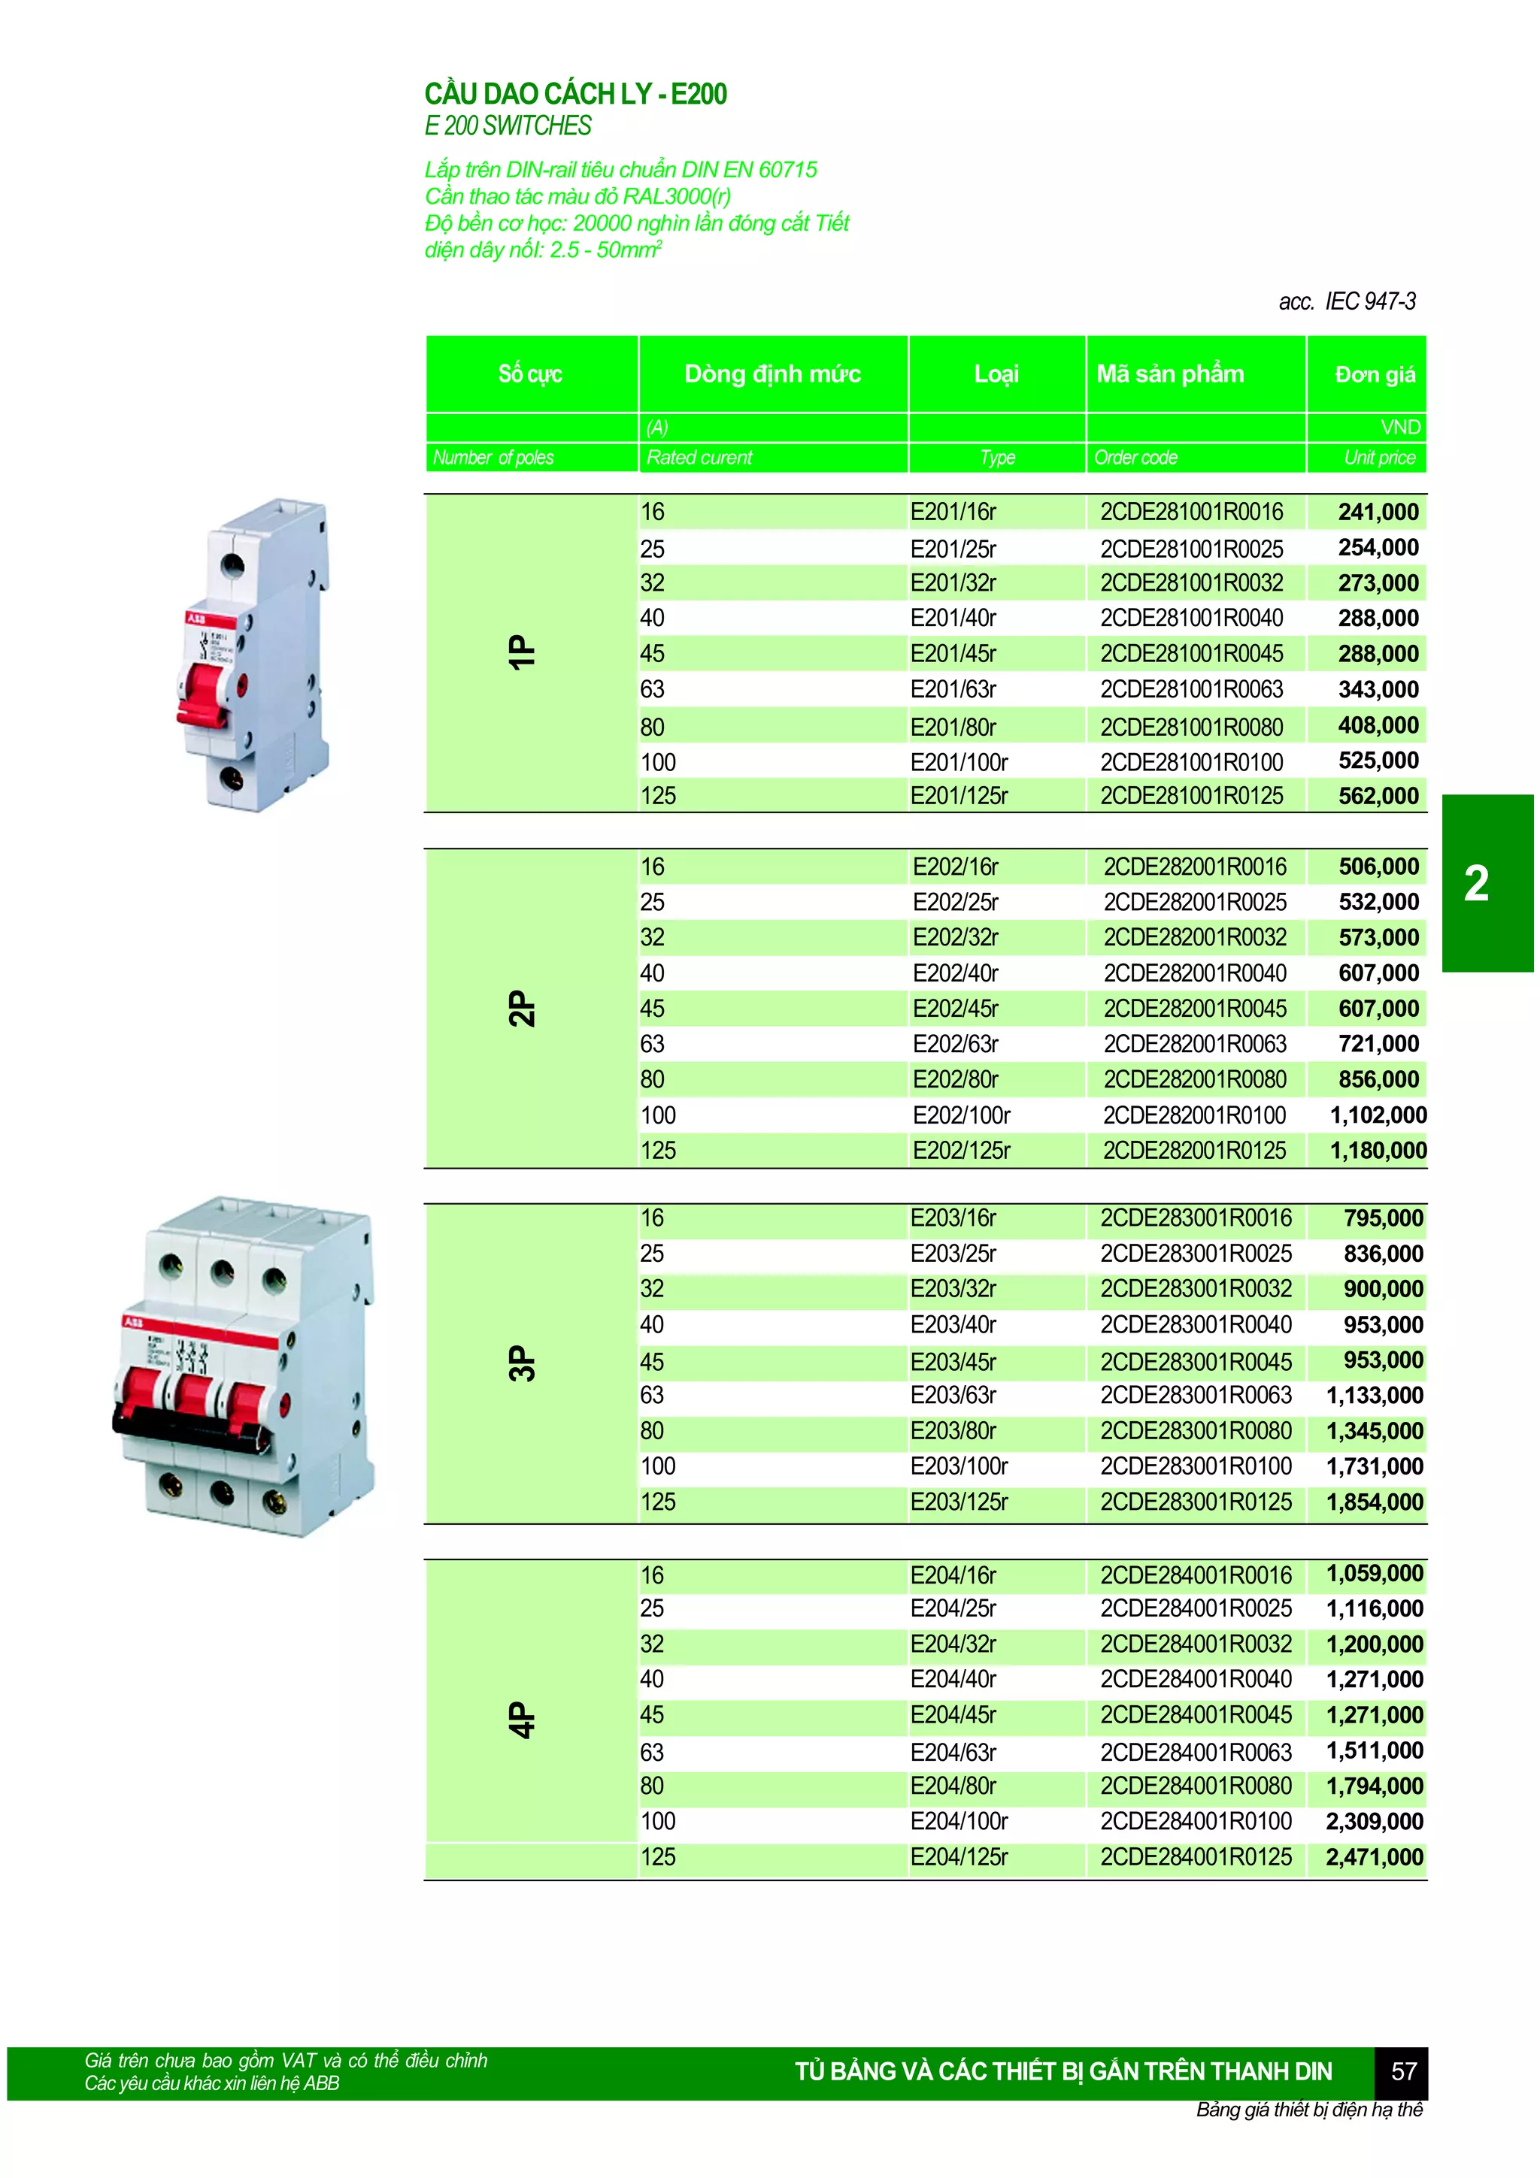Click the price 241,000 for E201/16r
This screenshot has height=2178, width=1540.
pos(1378,513)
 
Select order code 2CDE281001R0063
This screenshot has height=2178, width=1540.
pos(1191,690)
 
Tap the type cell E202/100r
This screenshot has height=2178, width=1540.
pos(961,1115)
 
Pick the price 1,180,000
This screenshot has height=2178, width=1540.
pos(1378,1151)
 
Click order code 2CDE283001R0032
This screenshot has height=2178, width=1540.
pos(1196,1289)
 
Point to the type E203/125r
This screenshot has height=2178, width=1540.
pos(958,1502)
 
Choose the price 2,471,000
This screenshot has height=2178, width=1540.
pos(1374,1857)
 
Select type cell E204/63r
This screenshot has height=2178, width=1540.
pos(953,1752)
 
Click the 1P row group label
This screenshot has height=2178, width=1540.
pos(522,652)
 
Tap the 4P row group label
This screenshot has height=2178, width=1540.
pos(522,1720)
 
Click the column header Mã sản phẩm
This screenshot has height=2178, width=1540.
pos(1170,374)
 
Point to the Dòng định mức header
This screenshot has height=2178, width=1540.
pos(772,374)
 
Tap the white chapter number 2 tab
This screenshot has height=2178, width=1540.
pos(1476,884)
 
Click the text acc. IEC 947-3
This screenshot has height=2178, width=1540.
pos(1347,301)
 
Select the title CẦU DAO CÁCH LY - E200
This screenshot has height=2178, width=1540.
pos(575,94)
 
